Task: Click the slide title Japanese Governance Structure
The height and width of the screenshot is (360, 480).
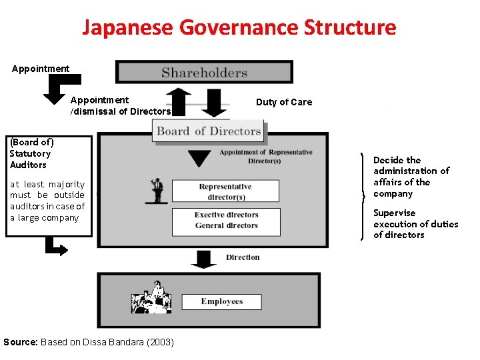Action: point(239,28)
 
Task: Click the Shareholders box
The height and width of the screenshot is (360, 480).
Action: point(204,73)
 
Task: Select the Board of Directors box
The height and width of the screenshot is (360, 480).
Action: point(209,131)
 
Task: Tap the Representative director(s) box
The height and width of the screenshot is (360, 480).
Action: point(225,191)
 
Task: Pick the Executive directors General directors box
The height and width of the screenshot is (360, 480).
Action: point(225,221)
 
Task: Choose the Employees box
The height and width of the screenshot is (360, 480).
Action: point(222,302)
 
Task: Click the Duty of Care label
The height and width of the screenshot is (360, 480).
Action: point(283,102)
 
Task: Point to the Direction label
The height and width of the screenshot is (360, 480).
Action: point(243,257)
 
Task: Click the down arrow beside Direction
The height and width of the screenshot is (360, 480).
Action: point(203,259)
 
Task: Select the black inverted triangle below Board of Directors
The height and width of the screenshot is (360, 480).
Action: point(199,159)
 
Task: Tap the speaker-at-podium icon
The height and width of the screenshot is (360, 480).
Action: point(157,190)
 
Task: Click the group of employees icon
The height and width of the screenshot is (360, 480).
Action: point(152,298)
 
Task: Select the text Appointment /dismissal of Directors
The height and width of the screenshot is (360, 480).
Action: point(121,106)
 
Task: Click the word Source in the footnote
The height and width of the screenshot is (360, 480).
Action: point(20,342)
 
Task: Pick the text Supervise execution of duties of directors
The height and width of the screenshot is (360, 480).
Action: point(415,224)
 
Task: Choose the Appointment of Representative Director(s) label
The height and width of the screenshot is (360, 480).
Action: point(265,157)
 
